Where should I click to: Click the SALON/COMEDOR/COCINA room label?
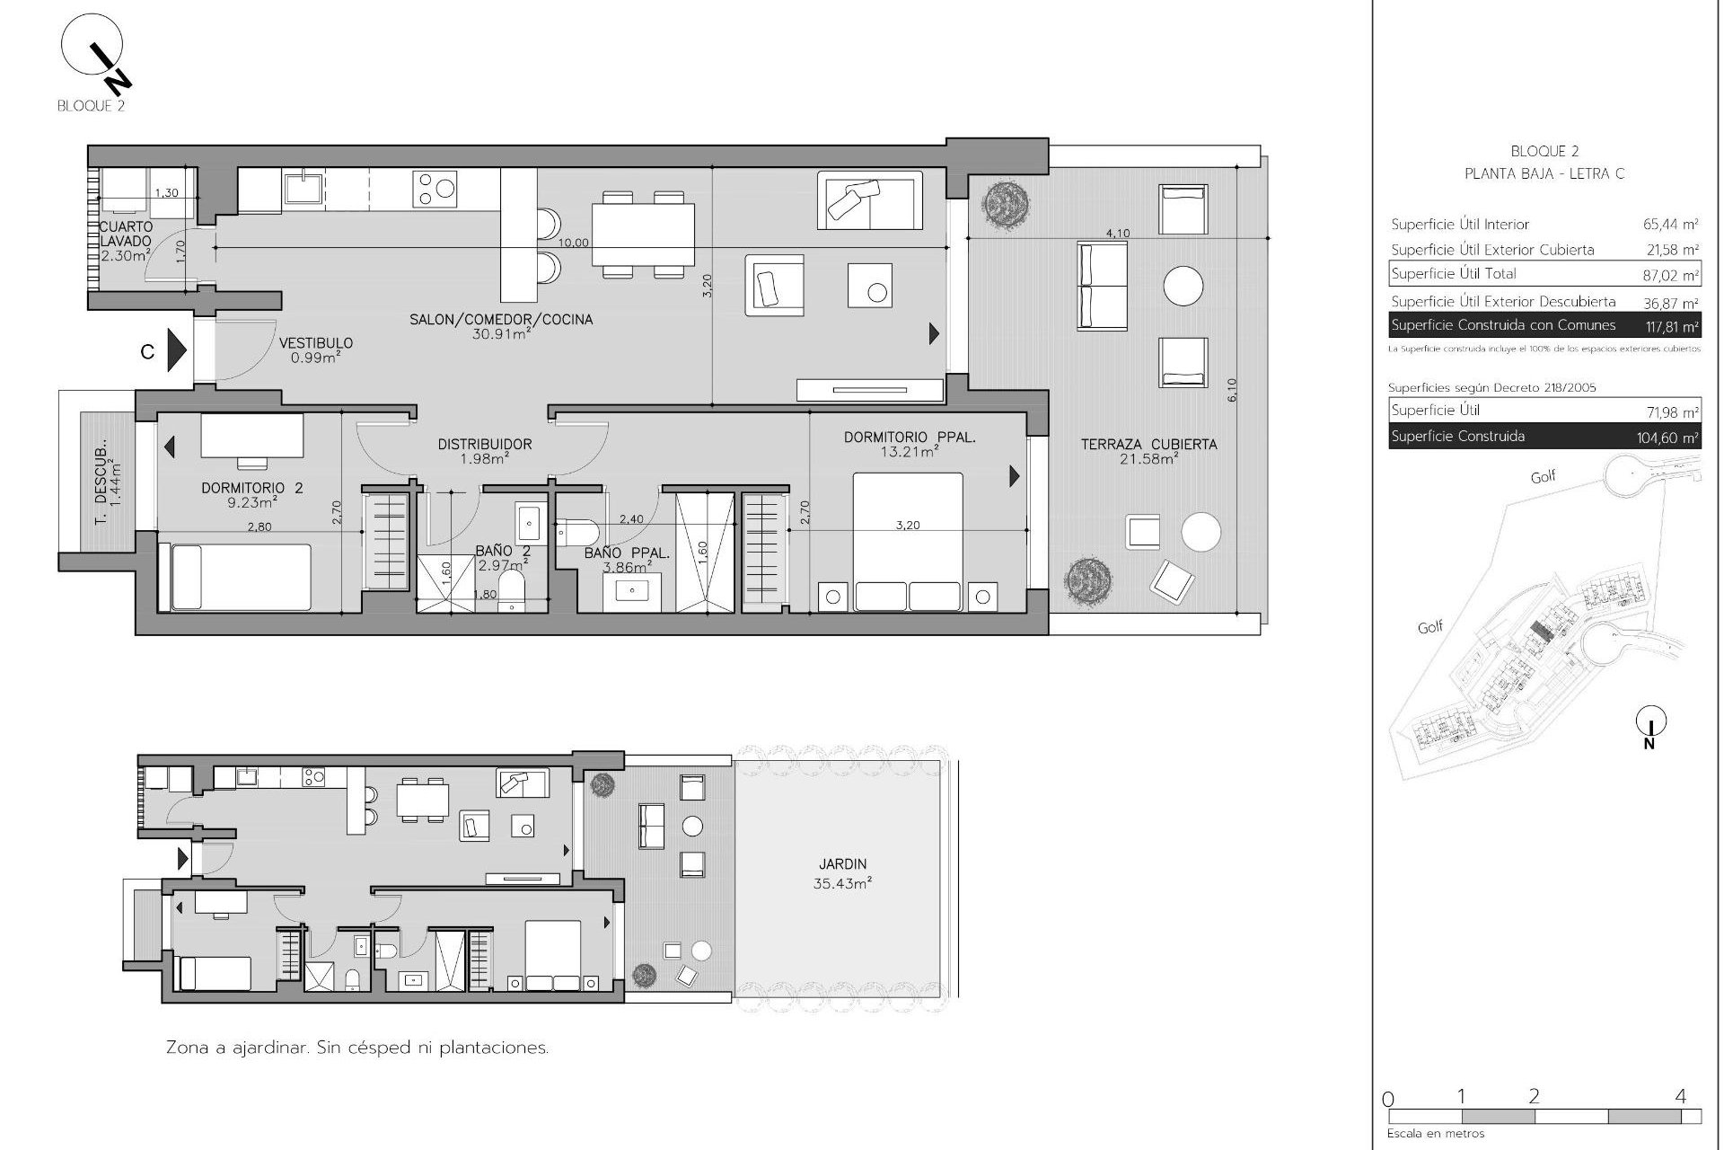[x=501, y=320]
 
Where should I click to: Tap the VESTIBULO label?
[x=315, y=343]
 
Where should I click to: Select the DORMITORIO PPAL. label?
[x=909, y=438]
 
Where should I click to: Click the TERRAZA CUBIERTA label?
[x=1148, y=445]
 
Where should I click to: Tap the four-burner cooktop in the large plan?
[x=435, y=190]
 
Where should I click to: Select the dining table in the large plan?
[x=643, y=234]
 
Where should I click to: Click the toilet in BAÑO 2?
[x=511, y=593]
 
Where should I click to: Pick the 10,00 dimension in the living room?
[x=574, y=243]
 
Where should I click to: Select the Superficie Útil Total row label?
[x=1454, y=274]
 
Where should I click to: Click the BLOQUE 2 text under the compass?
[x=90, y=106]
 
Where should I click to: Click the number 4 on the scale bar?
[x=1680, y=1096]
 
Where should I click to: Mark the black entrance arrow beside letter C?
[x=176, y=350]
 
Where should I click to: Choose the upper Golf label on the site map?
[x=1543, y=477]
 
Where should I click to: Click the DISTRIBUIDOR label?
[x=484, y=444]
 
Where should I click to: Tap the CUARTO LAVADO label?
[x=126, y=234]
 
